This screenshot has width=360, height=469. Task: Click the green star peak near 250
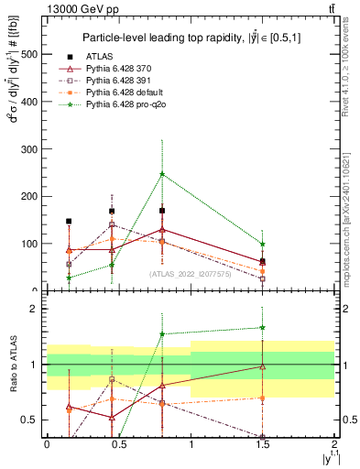click(162, 173)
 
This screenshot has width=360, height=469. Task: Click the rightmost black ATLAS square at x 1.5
click(263, 261)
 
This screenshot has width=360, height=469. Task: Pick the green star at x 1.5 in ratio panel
click(263, 327)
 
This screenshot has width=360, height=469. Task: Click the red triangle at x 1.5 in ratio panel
click(263, 366)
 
